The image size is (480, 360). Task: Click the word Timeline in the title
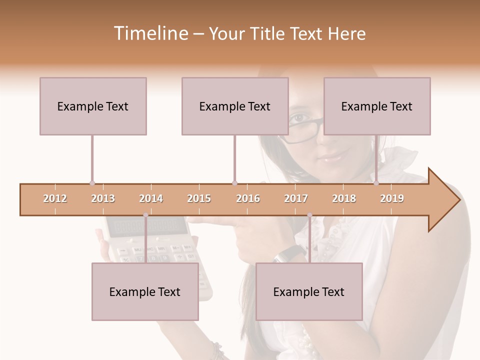coord(150,33)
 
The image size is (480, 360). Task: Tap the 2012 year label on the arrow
coord(55,198)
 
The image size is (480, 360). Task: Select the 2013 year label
coord(103,198)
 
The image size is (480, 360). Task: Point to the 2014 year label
coord(151,198)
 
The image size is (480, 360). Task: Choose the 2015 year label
coord(199,198)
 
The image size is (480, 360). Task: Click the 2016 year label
coord(248,198)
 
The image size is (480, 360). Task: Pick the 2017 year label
coord(296,198)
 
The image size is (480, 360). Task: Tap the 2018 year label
coord(344,198)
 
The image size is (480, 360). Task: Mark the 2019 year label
coord(392,198)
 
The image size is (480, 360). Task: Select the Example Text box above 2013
coord(93,106)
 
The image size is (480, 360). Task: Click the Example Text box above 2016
coord(235,106)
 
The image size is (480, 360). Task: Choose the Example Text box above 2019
coord(377,106)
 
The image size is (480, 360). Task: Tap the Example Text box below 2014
coord(145,291)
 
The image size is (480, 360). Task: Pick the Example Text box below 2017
coord(309,291)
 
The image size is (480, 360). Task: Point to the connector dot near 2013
coord(92,183)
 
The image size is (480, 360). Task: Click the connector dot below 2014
coord(145,215)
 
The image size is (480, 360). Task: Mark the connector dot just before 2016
coord(234,183)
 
